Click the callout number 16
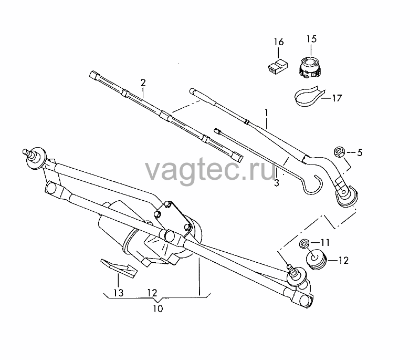click(279, 42)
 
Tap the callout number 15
click(311, 39)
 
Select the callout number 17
click(337, 98)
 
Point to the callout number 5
click(360, 152)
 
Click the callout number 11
click(325, 243)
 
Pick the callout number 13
click(119, 293)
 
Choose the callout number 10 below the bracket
click(158, 309)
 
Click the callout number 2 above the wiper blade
click(143, 83)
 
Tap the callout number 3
click(277, 183)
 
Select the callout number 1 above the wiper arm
click(267, 113)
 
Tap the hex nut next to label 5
click(339, 152)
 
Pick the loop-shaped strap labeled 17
click(309, 96)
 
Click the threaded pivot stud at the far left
click(28, 153)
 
